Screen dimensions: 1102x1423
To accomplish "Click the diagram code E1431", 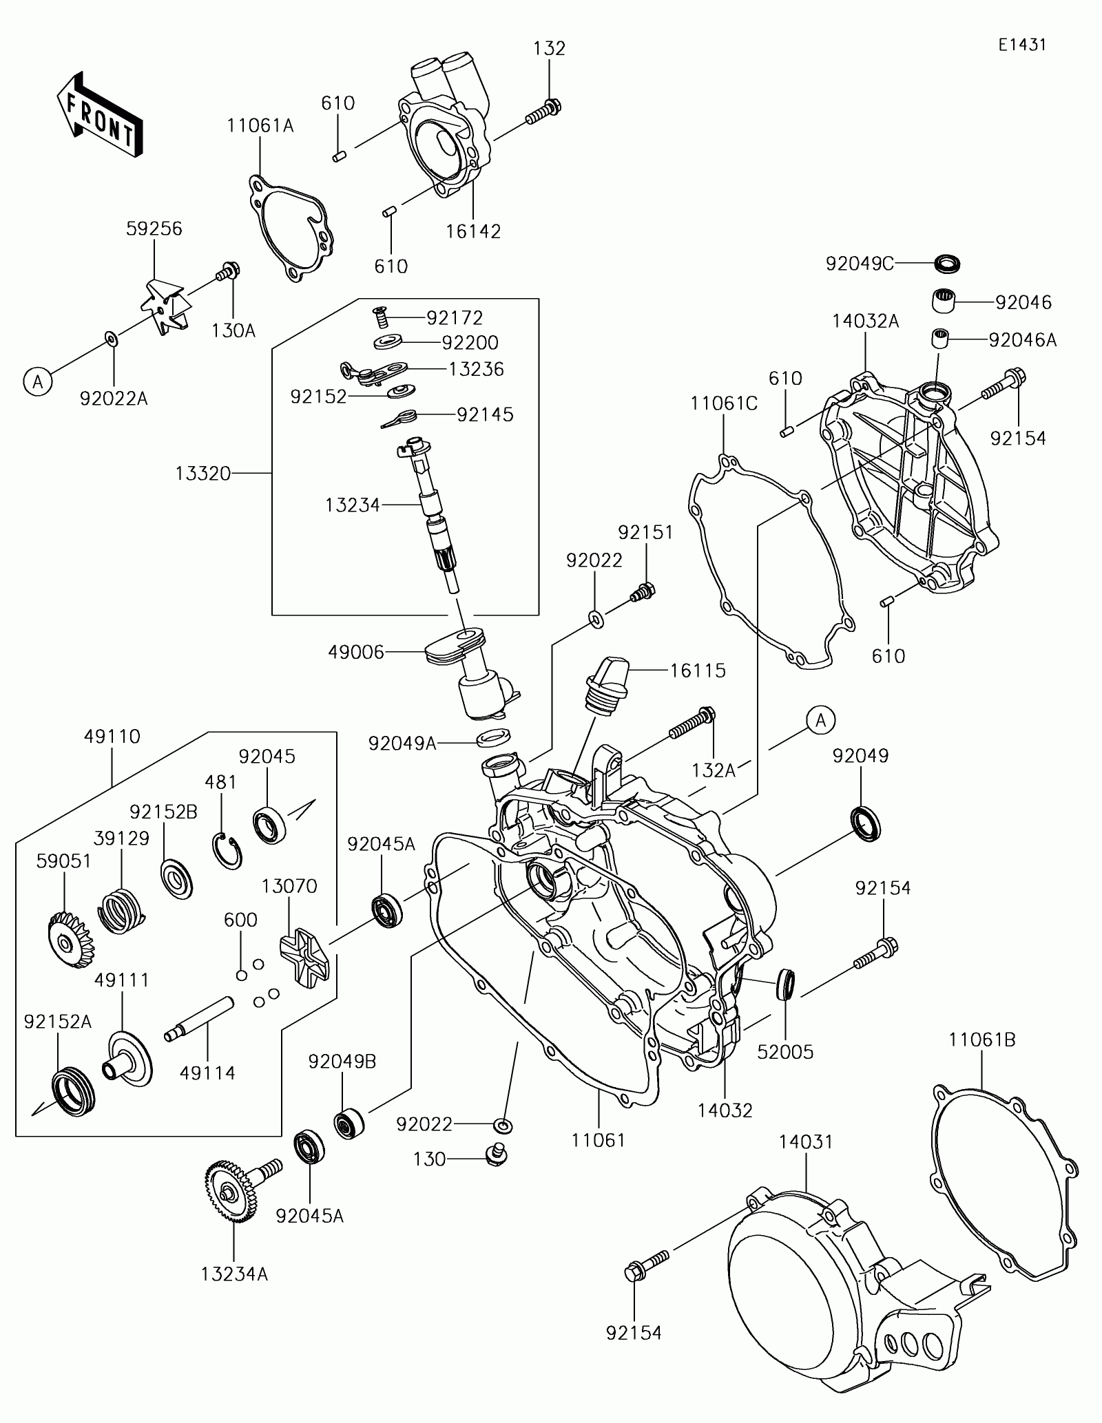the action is (1022, 45).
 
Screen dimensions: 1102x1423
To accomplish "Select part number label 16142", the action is (473, 231).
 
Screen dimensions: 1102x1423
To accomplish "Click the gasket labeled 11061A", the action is (291, 229).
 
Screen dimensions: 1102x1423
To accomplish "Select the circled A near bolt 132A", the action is (820, 721).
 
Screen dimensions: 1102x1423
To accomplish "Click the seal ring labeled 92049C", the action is (947, 262).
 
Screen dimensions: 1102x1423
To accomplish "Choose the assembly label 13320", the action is (202, 473).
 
